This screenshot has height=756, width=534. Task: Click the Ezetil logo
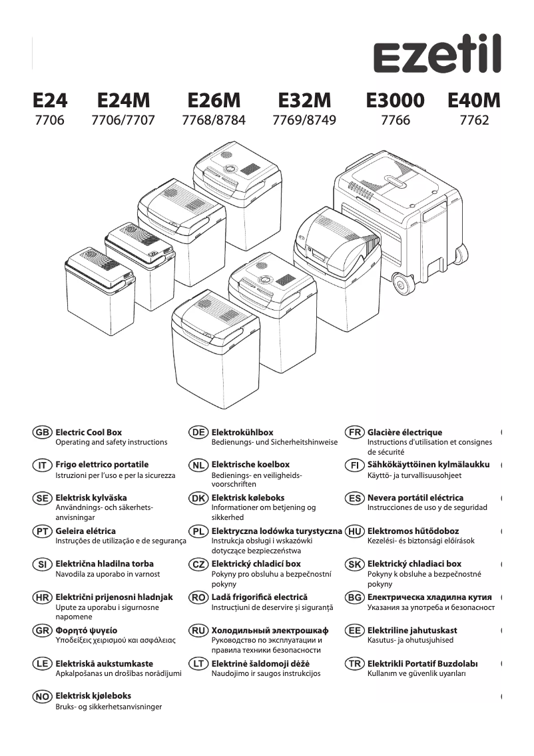click(x=437, y=56)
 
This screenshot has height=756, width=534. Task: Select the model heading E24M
click(x=124, y=101)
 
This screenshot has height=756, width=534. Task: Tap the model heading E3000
click(x=395, y=101)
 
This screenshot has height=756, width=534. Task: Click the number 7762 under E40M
click(x=474, y=121)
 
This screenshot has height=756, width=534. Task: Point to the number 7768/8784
click(x=213, y=121)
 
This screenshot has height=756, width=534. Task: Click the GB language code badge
click(x=42, y=433)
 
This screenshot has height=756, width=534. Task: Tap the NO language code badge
click(x=42, y=697)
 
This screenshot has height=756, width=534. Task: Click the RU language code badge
click(x=198, y=631)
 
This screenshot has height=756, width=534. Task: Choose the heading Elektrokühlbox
click(x=242, y=433)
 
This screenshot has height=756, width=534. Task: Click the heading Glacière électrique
click(x=404, y=433)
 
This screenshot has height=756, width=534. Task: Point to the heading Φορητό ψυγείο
click(x=86, y=631)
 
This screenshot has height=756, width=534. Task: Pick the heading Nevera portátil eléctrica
click(x=415, y=498)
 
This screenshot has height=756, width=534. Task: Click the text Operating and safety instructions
click(x=111, y=442)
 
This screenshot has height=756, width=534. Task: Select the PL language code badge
click(x=198, y=531)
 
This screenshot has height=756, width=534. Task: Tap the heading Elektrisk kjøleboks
click(x=93, y=697)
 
